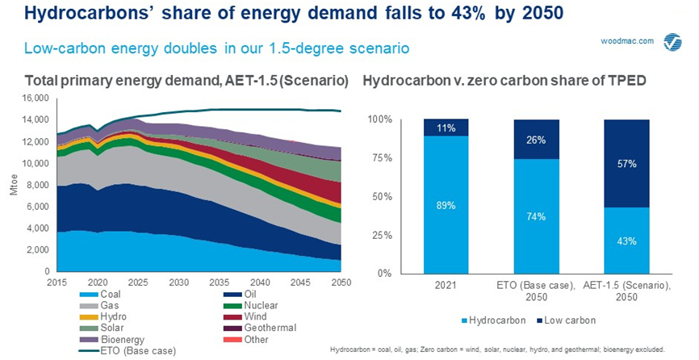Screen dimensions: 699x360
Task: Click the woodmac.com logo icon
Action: click(672, 42)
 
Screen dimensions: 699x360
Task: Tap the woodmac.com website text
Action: click(627, 41)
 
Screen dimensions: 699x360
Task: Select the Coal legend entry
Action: click(100, 294)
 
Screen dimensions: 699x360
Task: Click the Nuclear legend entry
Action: click(251, 306)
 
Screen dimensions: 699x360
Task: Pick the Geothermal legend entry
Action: click(260, 328)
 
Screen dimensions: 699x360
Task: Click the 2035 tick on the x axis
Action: click(220, 283)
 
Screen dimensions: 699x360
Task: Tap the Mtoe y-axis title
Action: click(14, 185)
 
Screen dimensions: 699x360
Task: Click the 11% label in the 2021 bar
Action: click(446, 128)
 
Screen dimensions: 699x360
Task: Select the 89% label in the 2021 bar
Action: click(446, 205)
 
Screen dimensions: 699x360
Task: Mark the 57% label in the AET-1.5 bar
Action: click(627, 164)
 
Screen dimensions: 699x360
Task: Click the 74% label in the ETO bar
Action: click(536, 216)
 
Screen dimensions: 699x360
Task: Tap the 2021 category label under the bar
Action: click(446, 286)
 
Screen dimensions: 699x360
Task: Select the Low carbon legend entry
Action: click(565, 320)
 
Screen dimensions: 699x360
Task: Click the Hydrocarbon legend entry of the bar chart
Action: click(492, 320)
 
